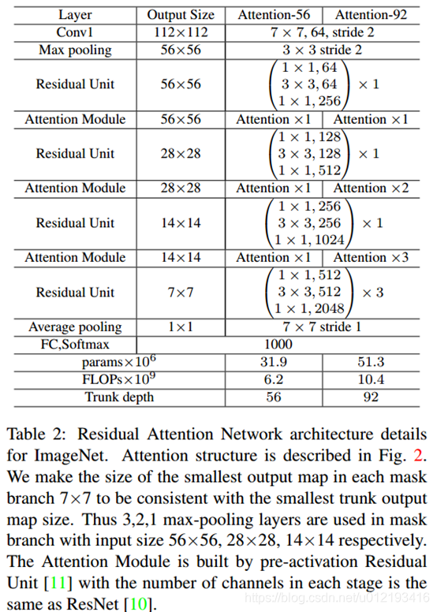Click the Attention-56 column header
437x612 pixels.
[x=273, y=14]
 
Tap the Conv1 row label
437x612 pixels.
[x=75, y=32]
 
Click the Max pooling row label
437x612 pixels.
[x=75, y=49]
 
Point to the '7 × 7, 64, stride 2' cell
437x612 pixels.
[x=322, y=32]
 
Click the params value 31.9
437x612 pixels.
[x=274, y=362]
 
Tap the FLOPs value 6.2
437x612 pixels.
[x=274, y=379]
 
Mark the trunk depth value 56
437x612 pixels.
[x=274, y=397]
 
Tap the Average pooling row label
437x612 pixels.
[x=75, y=327]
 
